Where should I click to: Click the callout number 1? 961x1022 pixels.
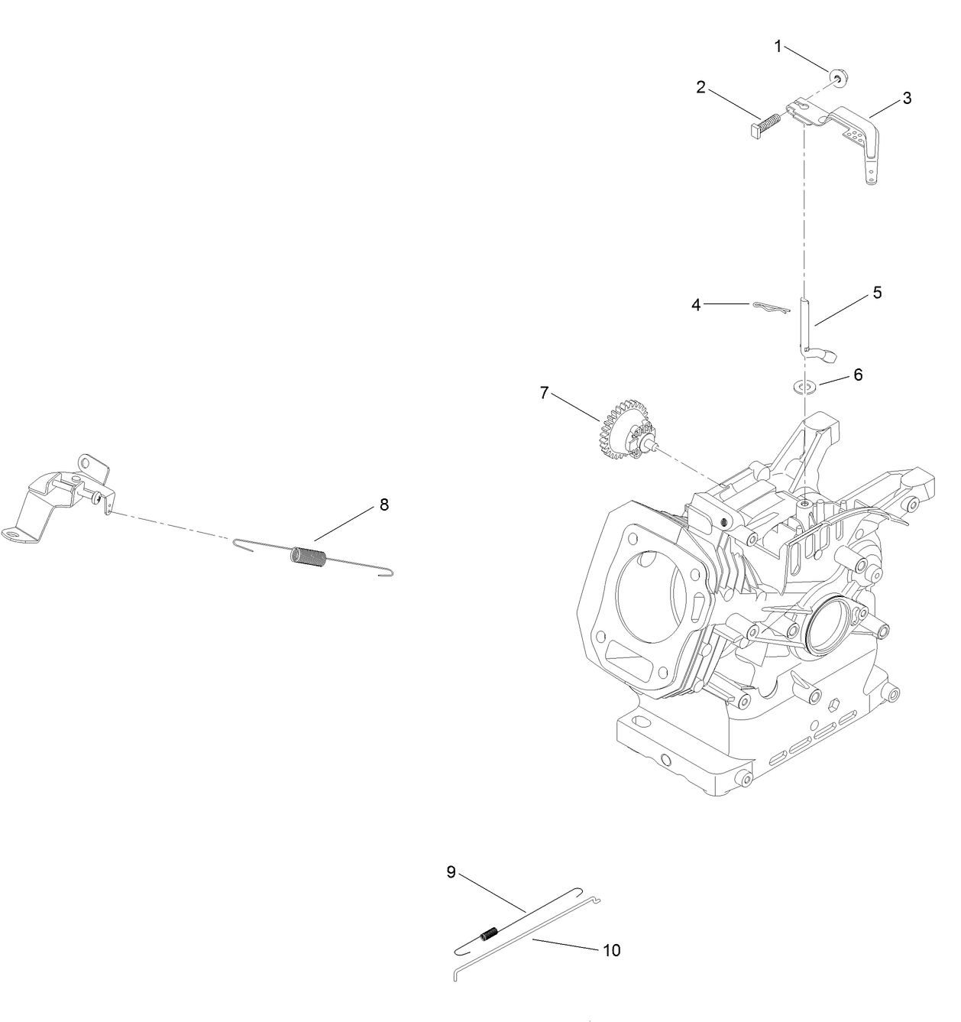point(778,47)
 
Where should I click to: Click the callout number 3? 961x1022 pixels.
point(907,98)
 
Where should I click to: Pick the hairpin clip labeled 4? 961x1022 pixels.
point(766,307)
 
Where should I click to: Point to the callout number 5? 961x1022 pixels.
point(878,293)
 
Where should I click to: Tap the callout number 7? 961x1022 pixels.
point(544,393)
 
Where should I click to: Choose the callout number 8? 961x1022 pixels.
point(384,505)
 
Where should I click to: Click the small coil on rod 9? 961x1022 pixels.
point(489,933)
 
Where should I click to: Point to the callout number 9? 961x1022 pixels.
point(451,872)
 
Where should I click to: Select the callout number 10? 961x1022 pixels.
point(611,950)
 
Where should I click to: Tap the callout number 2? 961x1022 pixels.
point(701,87)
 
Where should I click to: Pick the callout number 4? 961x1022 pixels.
point(696,305)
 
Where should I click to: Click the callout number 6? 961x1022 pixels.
point(858,375)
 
